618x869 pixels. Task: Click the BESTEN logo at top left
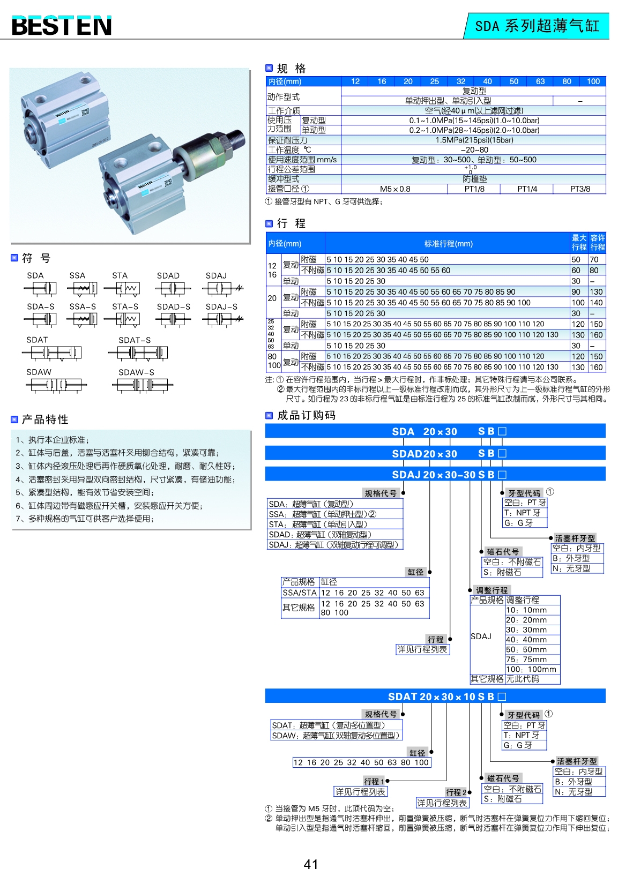[x=62, y=25]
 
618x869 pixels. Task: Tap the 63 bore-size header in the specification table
[x=540, y=81]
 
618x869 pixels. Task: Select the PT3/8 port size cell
[x=580, y=189]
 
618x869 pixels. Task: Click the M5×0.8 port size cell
[x=394, y=189]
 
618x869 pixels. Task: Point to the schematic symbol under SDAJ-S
[x=222, y=319]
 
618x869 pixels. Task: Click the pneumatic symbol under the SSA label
[x=83, y=289]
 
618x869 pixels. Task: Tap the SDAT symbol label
[x=37, y=340]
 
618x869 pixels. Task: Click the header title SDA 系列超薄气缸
[x=537, y=26]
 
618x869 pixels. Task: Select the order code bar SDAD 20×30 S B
[x=435, y=453]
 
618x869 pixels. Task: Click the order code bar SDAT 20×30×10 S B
[x=435, y=696]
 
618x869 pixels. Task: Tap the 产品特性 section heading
[x=45, y=419]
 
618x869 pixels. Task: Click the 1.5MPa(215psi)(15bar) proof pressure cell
[x=474, y=140]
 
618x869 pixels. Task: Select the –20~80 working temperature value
[x=474, y=150]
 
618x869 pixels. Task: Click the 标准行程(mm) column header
[x=448, y=244]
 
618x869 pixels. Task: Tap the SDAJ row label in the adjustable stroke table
[x=481, y=636]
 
